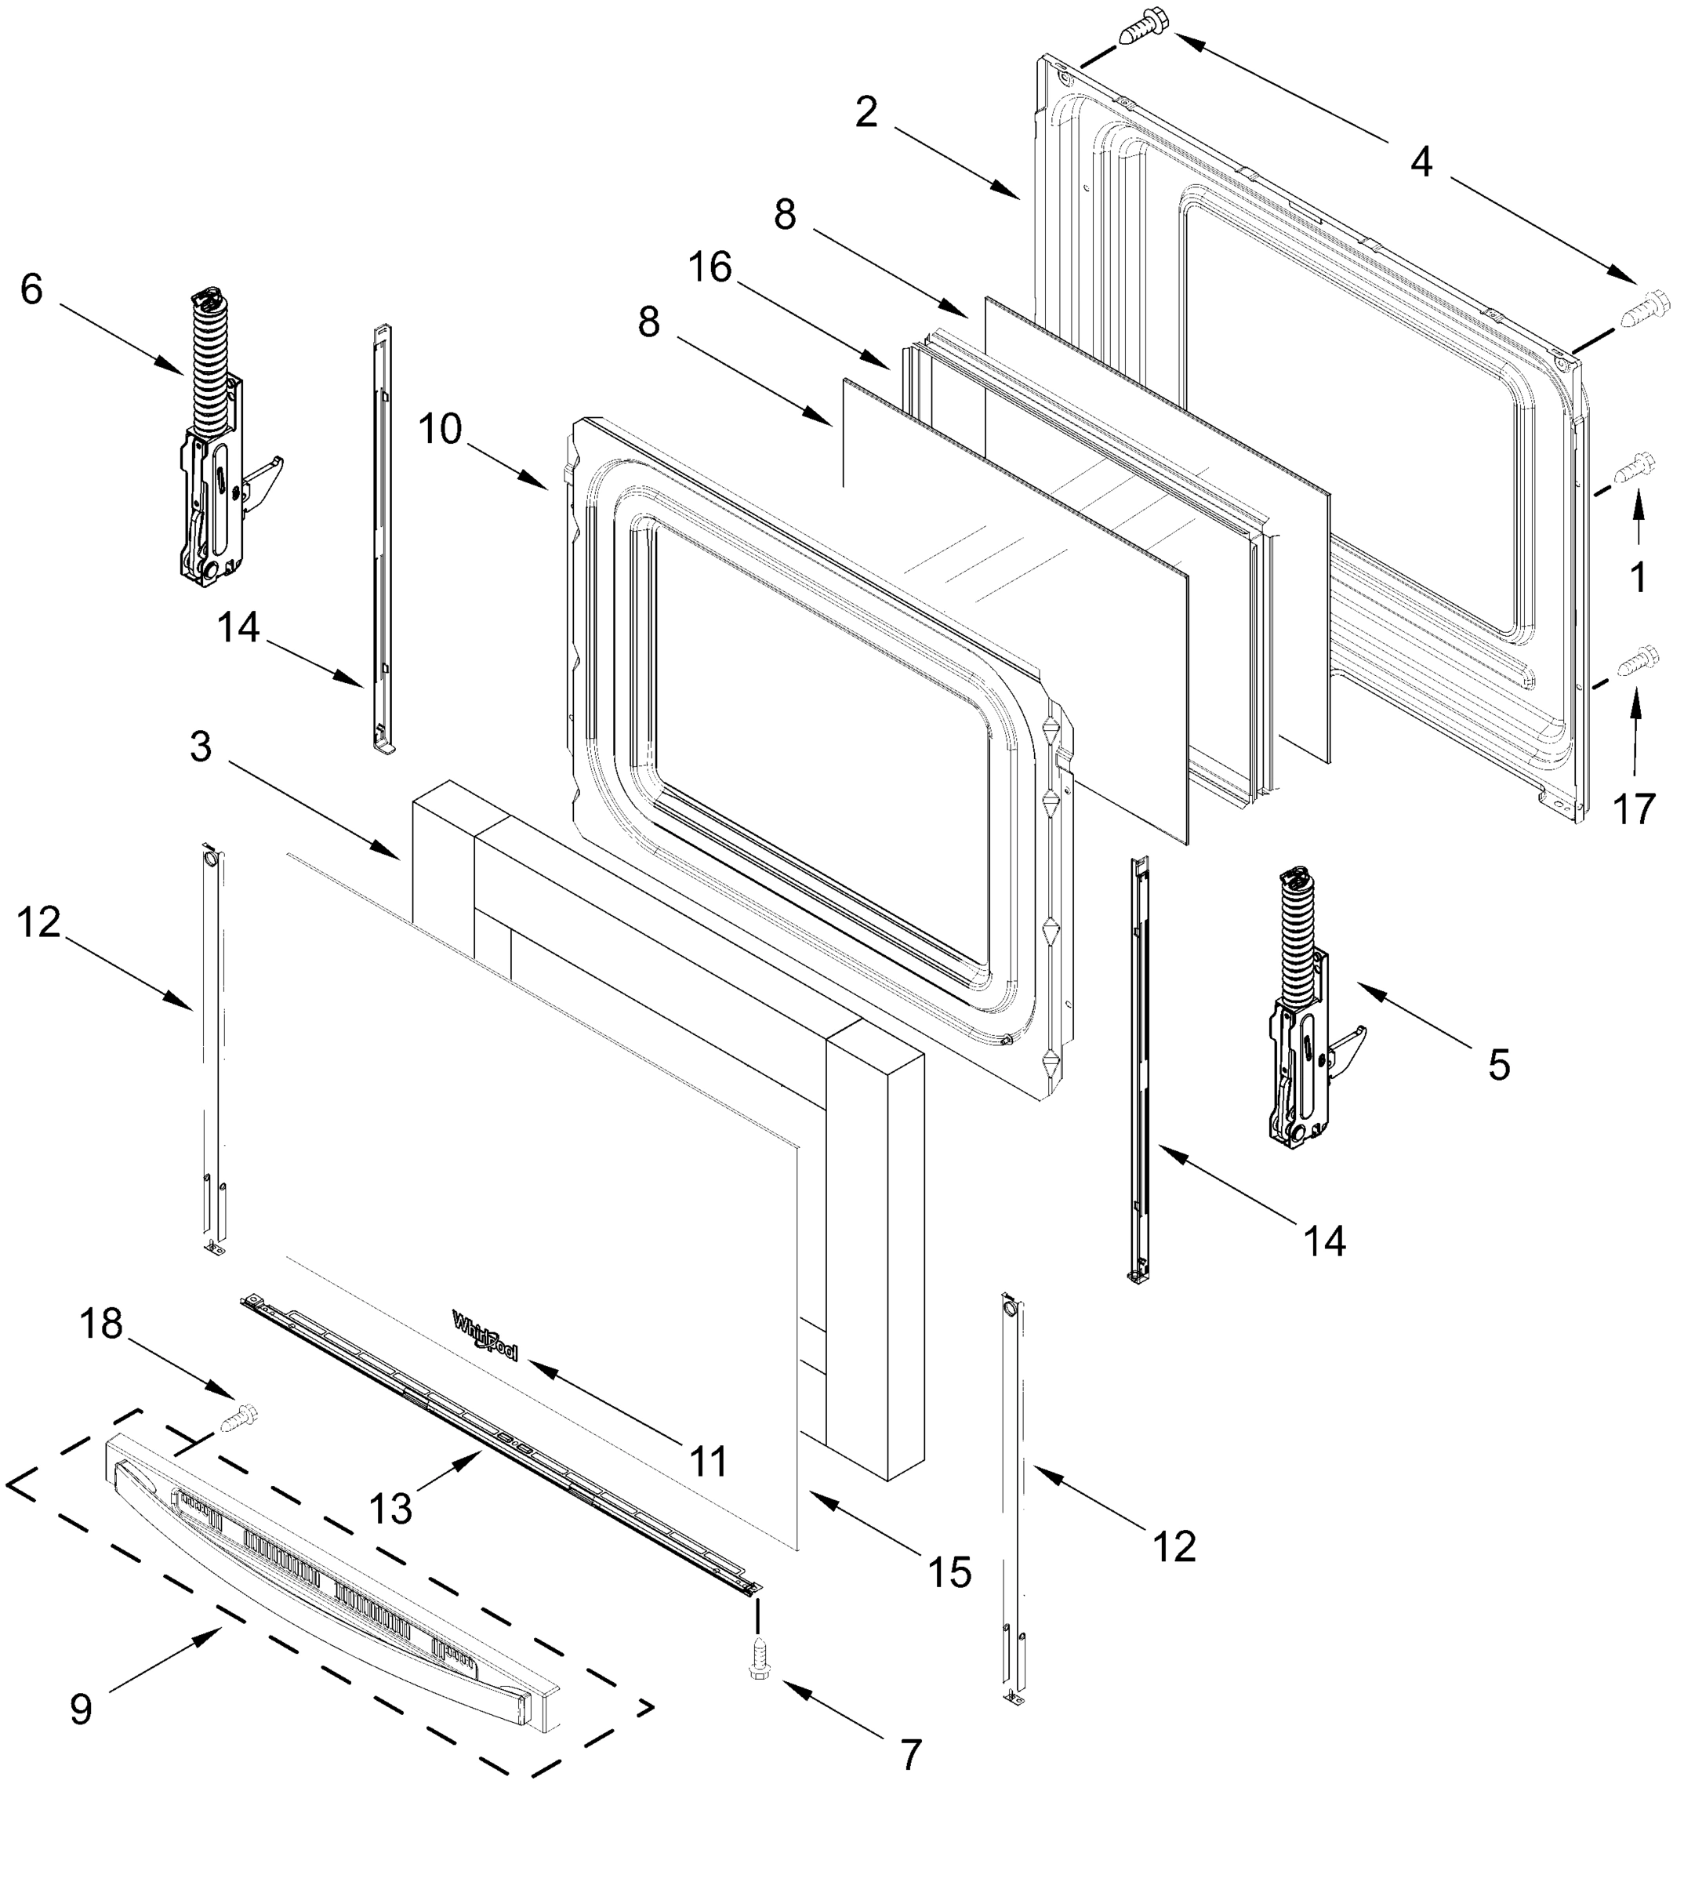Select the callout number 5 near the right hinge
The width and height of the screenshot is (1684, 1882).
point(1499,1065)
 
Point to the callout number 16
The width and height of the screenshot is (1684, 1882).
point(710,268)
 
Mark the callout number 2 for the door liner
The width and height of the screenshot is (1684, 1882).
point(866,113)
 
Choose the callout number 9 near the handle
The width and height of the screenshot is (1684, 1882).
point(82,1709)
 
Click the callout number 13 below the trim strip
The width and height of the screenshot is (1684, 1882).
point(390,1508)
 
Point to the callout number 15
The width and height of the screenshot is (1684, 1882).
point(950,1572)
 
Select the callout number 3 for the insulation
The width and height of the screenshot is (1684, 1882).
point(201,747)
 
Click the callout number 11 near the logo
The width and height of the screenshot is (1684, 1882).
point(709,1462)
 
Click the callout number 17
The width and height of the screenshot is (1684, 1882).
point(1633,809)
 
